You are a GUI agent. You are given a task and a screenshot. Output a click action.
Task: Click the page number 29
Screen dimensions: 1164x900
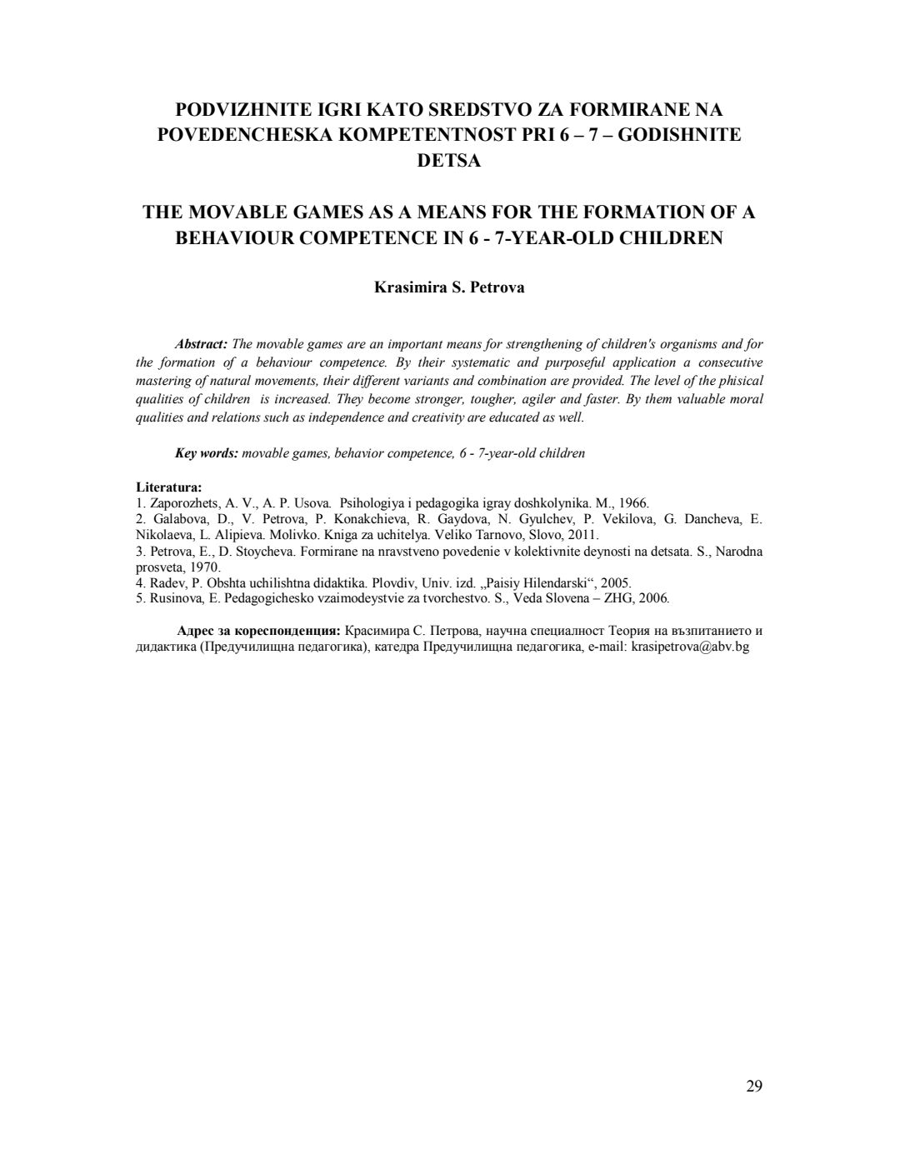coord(754,1086)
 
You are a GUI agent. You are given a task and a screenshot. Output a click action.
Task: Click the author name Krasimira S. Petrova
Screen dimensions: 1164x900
coord(449,287)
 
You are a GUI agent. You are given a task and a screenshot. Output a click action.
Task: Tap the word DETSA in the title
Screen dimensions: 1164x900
coord(449,161)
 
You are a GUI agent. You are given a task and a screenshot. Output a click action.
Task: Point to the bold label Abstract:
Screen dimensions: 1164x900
coord(201,344)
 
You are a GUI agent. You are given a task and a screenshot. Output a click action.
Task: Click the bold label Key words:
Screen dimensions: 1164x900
coord(207,453)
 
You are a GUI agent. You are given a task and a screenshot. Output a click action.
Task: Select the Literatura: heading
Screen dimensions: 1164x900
coord(168,487)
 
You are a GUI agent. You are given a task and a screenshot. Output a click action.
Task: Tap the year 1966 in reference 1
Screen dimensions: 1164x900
coord(633,502)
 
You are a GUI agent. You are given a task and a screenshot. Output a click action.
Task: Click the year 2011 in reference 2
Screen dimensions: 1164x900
coord(582,535)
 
